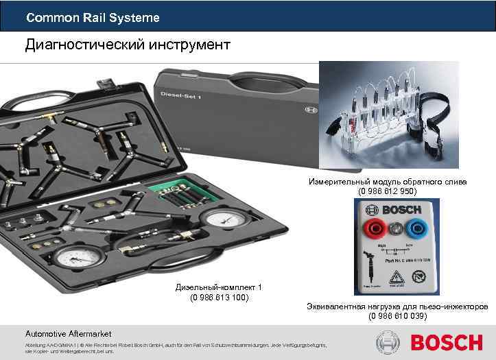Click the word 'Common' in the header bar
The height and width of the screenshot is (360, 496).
point(45,18)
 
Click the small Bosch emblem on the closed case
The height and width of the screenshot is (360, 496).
point(307,108)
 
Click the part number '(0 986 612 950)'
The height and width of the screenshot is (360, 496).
point(388,191)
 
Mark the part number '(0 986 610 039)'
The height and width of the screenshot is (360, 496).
point(397,316)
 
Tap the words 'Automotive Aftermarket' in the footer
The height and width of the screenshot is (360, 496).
point(68,333)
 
